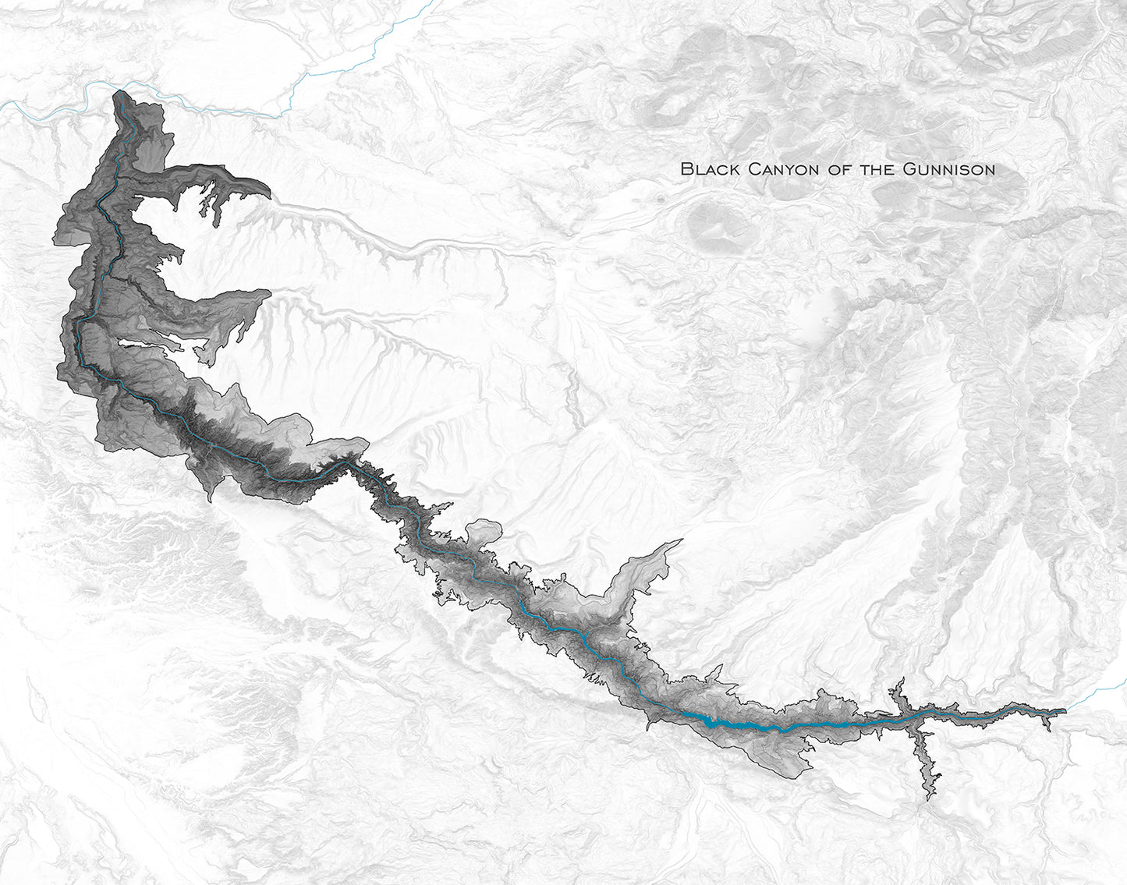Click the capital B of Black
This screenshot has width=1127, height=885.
pos(686,168)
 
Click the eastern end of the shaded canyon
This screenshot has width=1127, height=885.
pos(1065,711)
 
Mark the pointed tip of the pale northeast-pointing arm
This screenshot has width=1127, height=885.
pos(682,540)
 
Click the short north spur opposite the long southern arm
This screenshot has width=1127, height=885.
pos(901,681)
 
